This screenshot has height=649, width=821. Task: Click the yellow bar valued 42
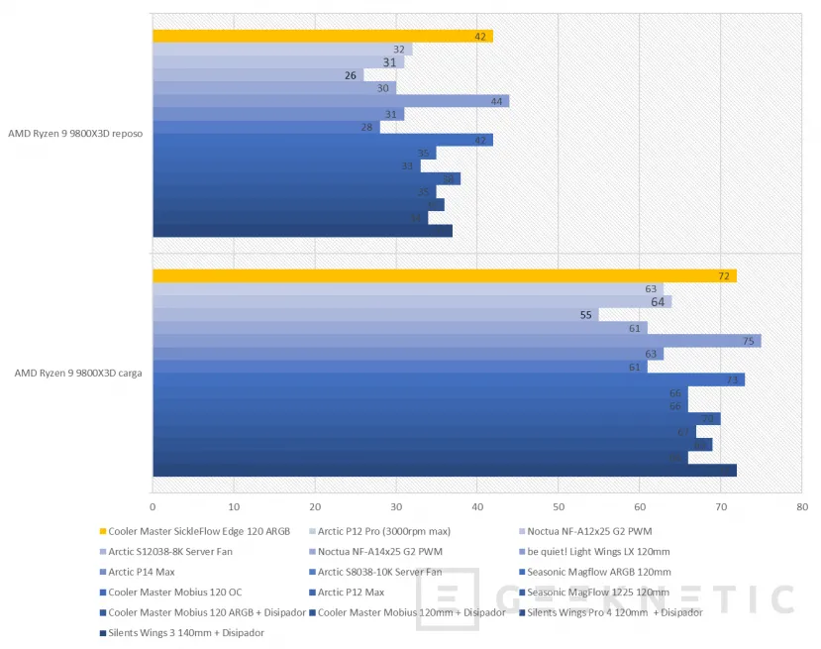click(x=322, y=37)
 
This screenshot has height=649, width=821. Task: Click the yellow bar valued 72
click(x=444, y=275)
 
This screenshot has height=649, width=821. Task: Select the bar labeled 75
click(x=456, y=341)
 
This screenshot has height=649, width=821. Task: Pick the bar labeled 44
click(x=330, y=101)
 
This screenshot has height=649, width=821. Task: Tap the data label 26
click(x=351, y=75)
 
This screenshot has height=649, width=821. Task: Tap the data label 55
click(x=586, y=315)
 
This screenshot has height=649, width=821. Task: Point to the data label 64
click(x=658, y=302)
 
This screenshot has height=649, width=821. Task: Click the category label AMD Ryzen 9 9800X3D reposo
click(x=75, y=134)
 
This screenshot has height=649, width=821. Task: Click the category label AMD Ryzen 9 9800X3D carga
click(x=75, y=373)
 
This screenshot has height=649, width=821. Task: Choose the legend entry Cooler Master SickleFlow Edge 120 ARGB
click(x=199, y=531)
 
